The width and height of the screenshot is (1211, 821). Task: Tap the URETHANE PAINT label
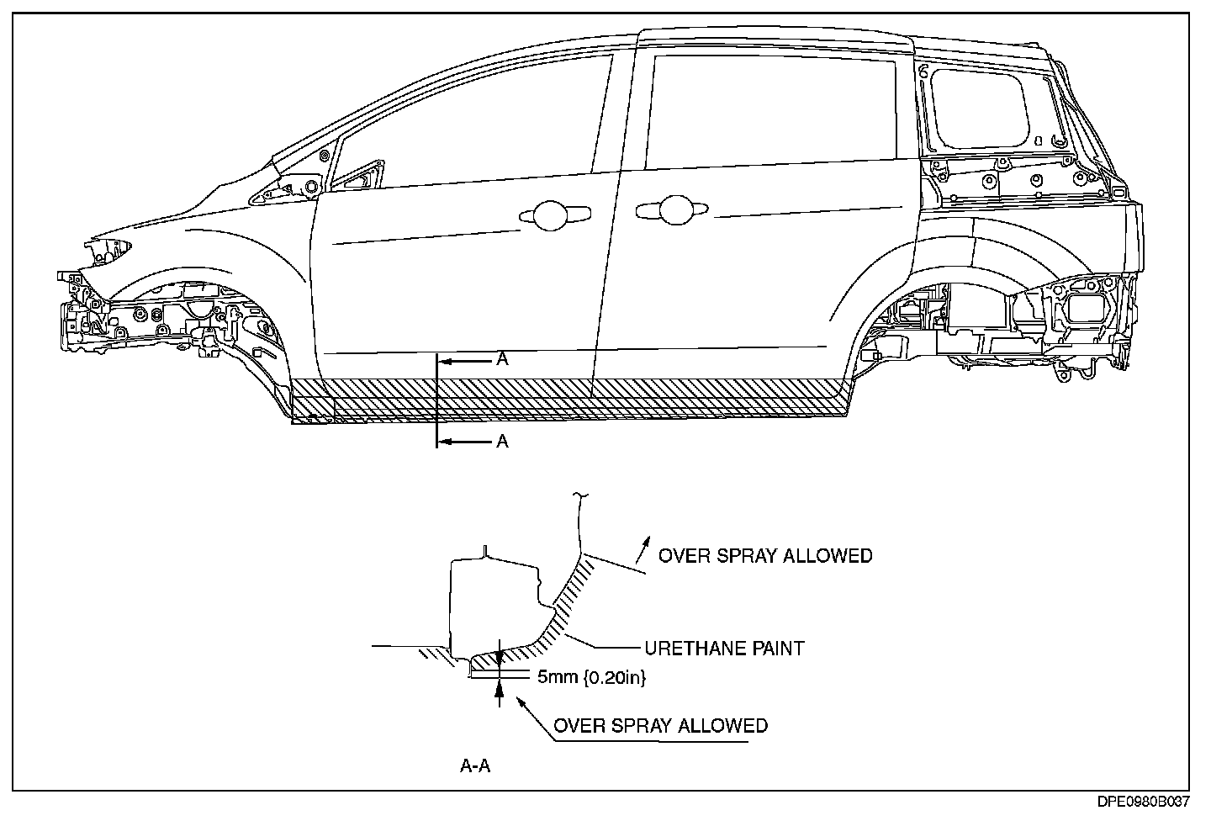724,649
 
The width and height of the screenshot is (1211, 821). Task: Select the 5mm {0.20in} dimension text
592,676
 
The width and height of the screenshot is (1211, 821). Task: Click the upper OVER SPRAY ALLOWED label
764,556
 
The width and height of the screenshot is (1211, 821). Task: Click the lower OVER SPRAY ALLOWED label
660,725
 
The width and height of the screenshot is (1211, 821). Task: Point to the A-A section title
475,765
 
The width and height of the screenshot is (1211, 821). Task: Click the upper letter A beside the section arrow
502,359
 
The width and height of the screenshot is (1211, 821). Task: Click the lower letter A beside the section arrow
502,441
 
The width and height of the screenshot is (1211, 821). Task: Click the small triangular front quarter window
357,176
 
